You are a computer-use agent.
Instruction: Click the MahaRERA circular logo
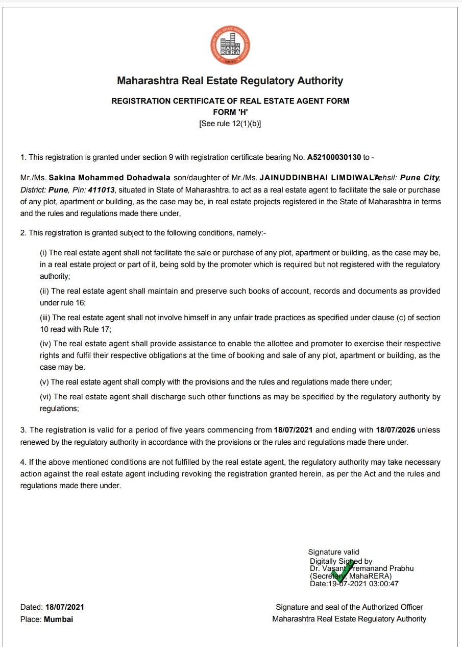(x=230, y=44)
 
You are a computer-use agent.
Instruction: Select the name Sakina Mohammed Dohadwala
(x=109, y=178)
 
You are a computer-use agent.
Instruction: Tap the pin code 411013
(x=101, y=189)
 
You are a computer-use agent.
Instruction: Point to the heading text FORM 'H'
(x=230, y=112)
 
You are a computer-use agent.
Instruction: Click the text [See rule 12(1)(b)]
(x=230, y=124)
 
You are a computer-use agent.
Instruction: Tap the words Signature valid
(x=334, y=552)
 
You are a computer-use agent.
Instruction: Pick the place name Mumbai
(x=58, y=619)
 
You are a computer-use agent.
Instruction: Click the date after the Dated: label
(x=65, y=607)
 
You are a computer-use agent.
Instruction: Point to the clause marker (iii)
(x=45, y=318)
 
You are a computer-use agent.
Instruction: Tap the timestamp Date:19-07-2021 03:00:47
(x=354, y=584)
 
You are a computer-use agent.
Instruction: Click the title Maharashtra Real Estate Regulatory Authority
(x=230, y=81)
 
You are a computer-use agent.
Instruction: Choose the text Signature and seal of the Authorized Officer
(x=349, y=607)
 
